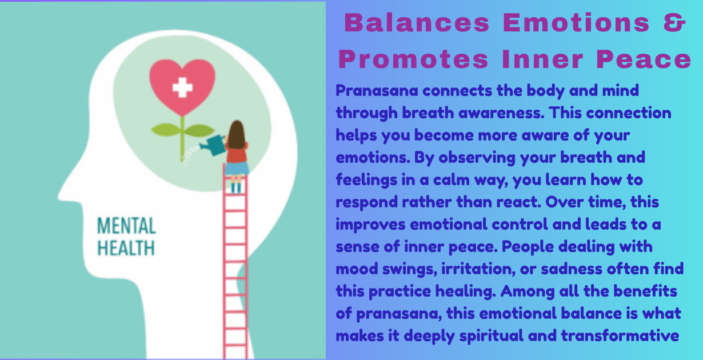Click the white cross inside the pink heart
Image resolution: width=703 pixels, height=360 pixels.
tap(182, 87)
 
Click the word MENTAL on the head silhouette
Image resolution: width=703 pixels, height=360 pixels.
tap(126, 226)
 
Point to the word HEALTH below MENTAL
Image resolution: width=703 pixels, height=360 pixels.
tap(126, 248)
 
